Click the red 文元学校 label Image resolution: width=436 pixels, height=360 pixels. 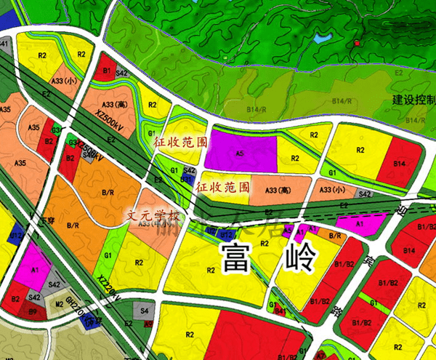(152, 216)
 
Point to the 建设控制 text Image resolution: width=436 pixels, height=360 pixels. (413, 100)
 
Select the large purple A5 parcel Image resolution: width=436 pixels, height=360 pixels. (240, 153)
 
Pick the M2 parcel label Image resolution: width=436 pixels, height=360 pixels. (60, 304)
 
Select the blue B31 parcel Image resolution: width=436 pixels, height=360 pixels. (186, 179)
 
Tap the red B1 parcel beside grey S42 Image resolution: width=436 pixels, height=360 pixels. (106, 69)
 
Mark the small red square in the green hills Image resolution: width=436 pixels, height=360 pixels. (357, 44)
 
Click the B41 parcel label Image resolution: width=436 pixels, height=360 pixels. (4, 44)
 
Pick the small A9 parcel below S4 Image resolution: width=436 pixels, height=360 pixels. (148, 323)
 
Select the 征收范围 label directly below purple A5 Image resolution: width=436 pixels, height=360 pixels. (223, 187)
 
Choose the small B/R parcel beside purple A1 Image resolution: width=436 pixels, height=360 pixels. (335, 236)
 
